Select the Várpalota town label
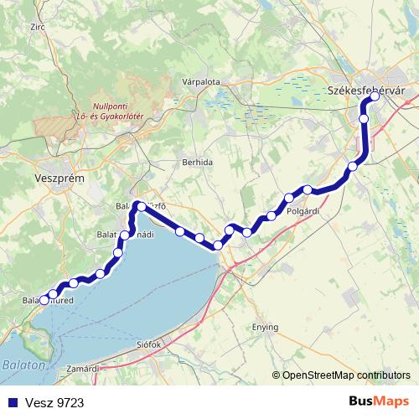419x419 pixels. point(200,82)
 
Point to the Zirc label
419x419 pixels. point(36,28)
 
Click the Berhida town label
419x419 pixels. point(197,161)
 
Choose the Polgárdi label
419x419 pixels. point(303,212)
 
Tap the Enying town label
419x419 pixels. point(266,327)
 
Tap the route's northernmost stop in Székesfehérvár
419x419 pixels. point(375,96)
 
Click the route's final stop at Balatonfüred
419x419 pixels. point(44,300)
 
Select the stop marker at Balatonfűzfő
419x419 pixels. point(140,205)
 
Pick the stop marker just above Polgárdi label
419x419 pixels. point(289,199)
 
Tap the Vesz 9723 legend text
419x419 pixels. point(55,403)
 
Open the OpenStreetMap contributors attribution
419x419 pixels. point(346,375)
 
